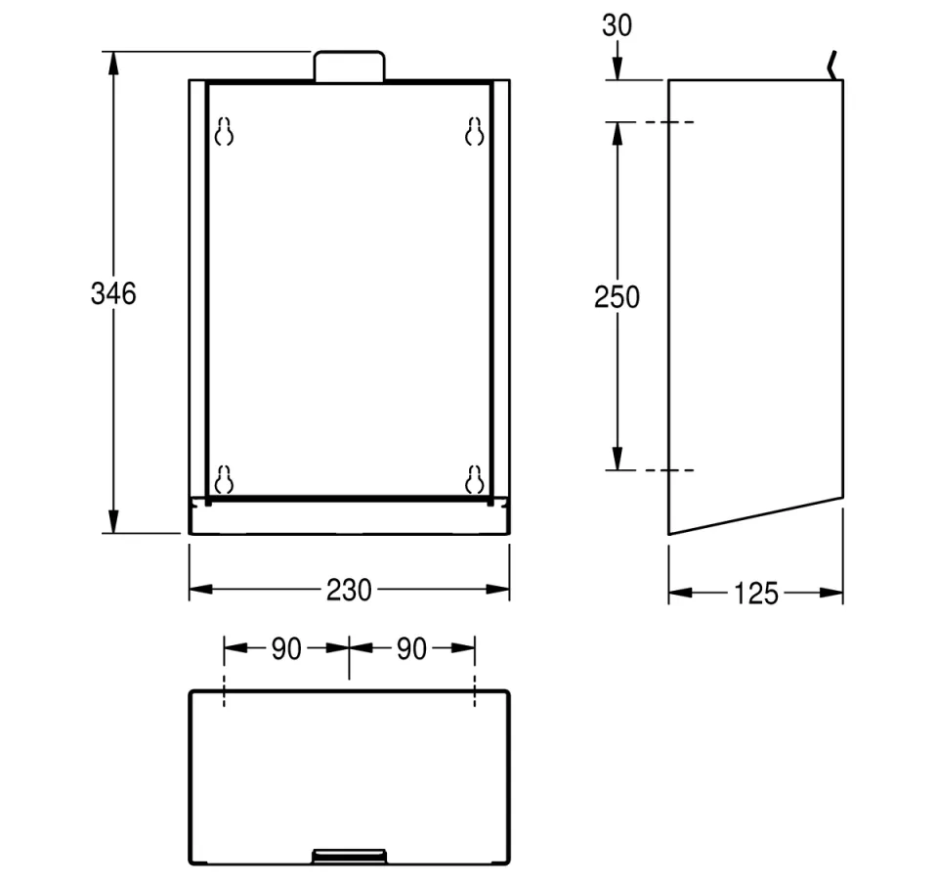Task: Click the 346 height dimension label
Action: [x=113, y=294]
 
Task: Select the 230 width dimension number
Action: [x=350, y=590]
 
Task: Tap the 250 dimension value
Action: [x=617, y=297]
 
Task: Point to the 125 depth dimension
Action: [x=756, y=594]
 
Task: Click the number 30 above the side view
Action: [x=617, y=25]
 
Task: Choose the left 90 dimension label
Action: [x=286, y=648]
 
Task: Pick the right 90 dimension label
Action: [x=411, y=648]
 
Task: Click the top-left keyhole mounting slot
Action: [x=225, y=132]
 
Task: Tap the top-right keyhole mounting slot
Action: [x=475, y=132]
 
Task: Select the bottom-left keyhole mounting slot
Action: [x=225, y=479]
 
